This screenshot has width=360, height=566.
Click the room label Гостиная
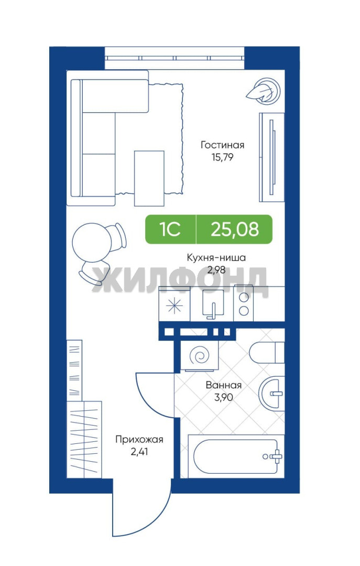click(222, 145)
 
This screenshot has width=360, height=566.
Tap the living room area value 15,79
click(222, 157)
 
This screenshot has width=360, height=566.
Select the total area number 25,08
click(235, 229)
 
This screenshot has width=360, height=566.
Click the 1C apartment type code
click(170, 229)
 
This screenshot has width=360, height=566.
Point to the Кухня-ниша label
click(216, 258)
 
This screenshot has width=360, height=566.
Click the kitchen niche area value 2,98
click(216, 270)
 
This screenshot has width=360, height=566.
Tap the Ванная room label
click(224, 385)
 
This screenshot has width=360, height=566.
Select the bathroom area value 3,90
click(224, 397)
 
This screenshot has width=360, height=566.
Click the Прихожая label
click(139, 439)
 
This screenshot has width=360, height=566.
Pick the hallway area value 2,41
click(139, 452)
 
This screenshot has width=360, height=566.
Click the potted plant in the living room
click(264, 91)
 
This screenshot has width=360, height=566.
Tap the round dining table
click(90, 242)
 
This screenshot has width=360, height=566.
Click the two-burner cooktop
click(244, 303)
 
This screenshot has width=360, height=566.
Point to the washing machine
click(200, 355)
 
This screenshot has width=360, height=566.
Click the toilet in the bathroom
click(267, 352)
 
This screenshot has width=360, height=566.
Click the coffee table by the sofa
click(149, 178)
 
